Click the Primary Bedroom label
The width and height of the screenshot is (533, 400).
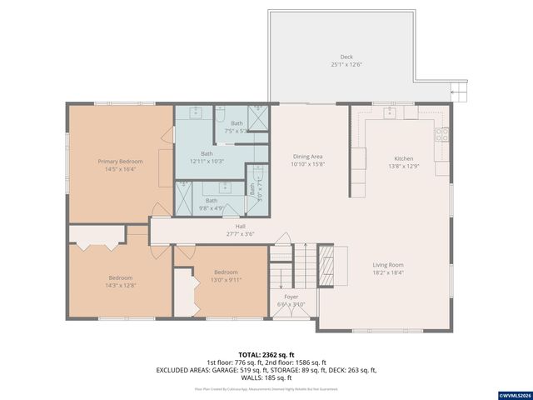120,161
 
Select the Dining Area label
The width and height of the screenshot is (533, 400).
307,157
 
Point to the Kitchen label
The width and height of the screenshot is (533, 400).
403,158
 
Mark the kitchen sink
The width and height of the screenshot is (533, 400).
389,111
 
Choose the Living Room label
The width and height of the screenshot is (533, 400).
387,265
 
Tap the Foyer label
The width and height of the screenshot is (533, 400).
291,297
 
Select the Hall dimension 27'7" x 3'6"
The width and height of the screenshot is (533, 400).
240,233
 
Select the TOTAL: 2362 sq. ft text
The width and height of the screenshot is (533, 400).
266,354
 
